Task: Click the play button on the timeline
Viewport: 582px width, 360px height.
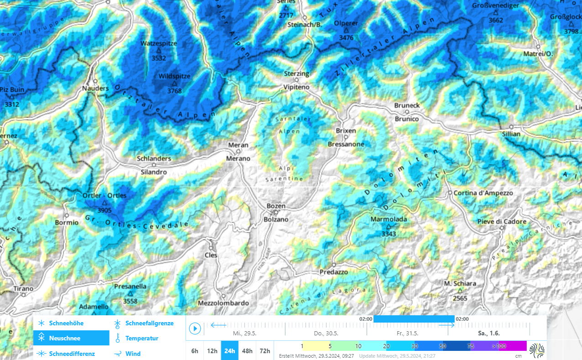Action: click(195, 328)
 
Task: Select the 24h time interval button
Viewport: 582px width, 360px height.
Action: click(229, 351)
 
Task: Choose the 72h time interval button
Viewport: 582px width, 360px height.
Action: click(265, 351)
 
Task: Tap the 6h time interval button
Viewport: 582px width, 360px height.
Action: click(195, 351)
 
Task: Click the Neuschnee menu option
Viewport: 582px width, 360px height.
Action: click(64, 338)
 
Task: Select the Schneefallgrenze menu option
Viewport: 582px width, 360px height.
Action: click(149, 323)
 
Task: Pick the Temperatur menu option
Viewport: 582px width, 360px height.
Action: click(142, 338)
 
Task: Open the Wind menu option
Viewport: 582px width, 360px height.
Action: click(133, 354)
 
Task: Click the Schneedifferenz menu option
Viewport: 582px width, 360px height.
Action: click(72, 354)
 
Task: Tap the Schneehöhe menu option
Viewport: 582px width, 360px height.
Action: click(66, 323)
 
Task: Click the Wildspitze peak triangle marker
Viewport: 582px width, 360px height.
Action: click(174, 84)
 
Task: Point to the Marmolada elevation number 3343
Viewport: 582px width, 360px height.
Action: click(389, 234)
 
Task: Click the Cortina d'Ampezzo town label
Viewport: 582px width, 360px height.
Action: click(483, 193)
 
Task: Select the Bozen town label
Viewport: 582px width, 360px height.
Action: click(275, 206)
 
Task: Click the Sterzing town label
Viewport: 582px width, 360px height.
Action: click(296, 73)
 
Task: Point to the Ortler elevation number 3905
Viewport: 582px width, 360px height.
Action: click(104, 210)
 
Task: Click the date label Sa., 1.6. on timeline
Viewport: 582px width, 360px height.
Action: click(489, 333)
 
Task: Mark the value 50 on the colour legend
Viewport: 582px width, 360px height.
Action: click(442, 346)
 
